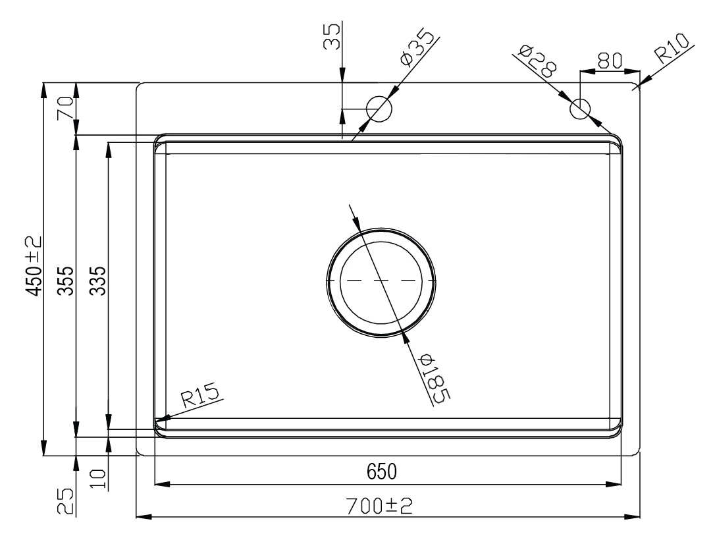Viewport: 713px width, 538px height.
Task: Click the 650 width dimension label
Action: tap(381, 471)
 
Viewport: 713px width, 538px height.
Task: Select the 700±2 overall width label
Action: tap(379, 505)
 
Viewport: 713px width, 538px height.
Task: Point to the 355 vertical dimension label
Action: tap(66, 281)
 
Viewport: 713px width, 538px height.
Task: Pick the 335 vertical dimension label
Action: tap(97, 281)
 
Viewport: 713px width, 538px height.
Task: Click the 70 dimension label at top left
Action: tap(65, 108)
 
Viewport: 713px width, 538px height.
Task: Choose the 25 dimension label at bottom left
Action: tap(65, 500)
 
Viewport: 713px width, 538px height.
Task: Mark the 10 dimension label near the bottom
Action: tap(98, 479)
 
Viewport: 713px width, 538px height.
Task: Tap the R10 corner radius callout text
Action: tap(671, 48)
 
